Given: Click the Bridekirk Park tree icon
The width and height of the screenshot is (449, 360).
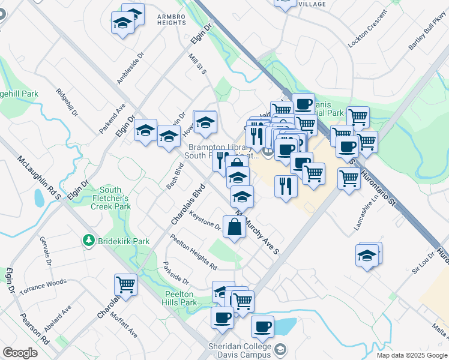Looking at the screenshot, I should (89, 241).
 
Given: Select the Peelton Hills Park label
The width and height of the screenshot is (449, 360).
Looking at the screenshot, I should (179, 298).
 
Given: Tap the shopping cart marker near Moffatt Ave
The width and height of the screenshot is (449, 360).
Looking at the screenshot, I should (125, 284).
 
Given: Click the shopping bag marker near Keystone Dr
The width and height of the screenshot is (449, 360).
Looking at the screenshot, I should (234, 227).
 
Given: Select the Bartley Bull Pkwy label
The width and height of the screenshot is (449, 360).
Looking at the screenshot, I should (427, 37).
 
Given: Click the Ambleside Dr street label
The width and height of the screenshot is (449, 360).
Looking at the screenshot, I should (131, 67).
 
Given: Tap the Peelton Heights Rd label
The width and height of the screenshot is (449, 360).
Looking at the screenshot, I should (193, 251).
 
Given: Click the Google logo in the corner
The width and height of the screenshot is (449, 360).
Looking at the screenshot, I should (20, 353).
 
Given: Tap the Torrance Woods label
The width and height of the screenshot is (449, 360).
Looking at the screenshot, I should (43, 287).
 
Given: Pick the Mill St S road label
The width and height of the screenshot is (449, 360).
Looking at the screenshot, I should (197, 63).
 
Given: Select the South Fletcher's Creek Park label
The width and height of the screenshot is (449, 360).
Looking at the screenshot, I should (110, 198).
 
